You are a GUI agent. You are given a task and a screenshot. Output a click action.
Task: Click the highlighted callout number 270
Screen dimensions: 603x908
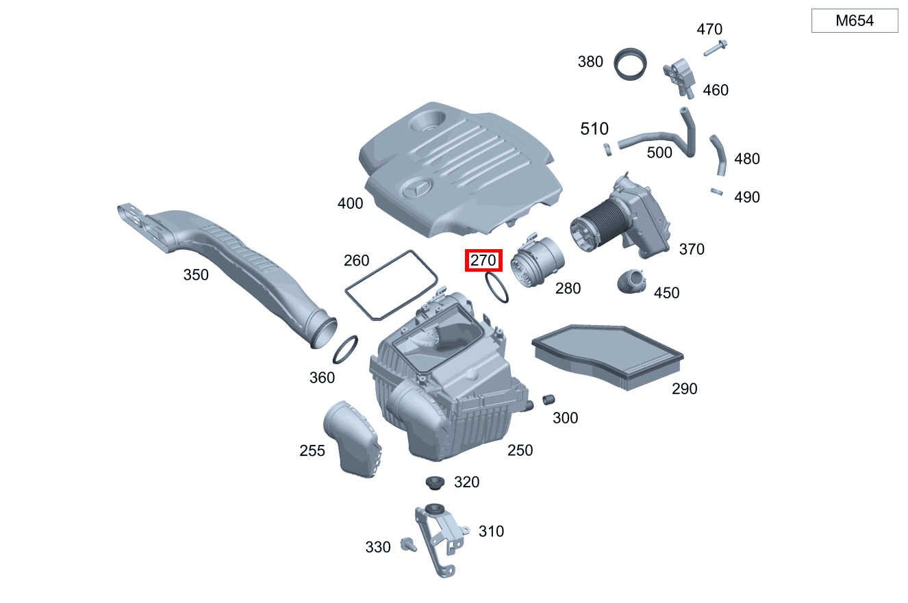[483, 261]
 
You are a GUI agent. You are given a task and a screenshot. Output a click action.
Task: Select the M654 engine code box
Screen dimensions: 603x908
[854, 21]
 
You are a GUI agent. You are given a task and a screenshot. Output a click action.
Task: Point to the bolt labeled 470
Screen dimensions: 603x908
[714, 48]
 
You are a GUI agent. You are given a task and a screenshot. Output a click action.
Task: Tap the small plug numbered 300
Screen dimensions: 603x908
[547, 399]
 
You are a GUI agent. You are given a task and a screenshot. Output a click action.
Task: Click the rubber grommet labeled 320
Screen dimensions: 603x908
[433, 483]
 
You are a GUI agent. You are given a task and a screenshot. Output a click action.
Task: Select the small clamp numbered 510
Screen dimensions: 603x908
[607, 149]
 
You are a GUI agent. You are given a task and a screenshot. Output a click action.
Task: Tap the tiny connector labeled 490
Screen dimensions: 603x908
[717, 192]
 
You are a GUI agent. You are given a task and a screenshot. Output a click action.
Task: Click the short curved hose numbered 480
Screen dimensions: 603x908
[718, 155]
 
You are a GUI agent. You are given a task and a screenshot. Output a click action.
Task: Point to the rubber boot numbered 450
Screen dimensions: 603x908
[633, 282]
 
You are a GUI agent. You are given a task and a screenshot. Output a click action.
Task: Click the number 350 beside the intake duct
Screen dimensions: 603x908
[196, 275]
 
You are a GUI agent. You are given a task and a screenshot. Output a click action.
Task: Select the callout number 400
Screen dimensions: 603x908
[350, 203]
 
